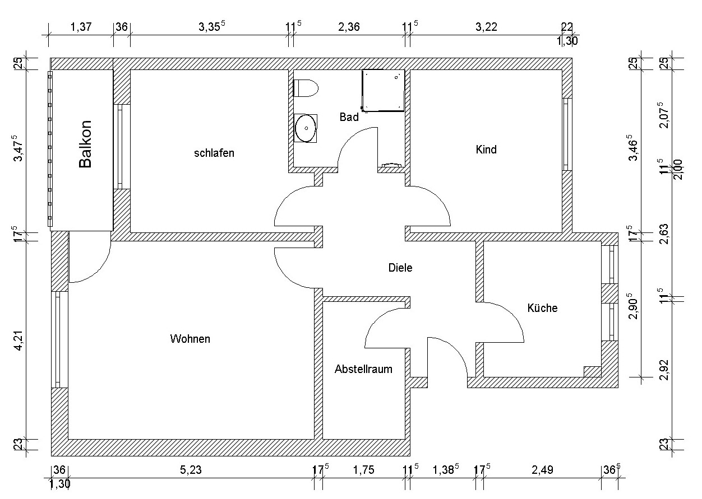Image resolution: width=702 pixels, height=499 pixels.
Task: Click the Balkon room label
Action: (85, 144)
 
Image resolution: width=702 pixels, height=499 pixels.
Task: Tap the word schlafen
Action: (214, 153)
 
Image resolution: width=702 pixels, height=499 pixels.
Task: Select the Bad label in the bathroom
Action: (349, 117)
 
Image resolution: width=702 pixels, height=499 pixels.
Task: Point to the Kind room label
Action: (486, 150)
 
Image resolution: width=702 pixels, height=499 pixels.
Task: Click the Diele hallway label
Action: (400, 268)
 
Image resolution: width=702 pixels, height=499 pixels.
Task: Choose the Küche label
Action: (543, 307)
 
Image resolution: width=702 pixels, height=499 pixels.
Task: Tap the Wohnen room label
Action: (190, 339)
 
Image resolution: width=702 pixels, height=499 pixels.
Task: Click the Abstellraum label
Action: (363, 369)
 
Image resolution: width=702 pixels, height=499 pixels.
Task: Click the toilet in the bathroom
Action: (306, 88)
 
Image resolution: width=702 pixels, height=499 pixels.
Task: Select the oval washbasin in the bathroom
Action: (306, 128)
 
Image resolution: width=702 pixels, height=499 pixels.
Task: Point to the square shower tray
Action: (383, 91)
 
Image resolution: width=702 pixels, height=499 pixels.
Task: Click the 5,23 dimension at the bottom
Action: (191, 470)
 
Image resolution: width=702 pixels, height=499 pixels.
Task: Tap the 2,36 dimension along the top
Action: (349, 27)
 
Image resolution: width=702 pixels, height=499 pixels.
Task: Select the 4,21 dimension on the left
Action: (19, 341)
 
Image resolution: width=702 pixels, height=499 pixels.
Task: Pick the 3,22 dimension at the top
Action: (486, 27)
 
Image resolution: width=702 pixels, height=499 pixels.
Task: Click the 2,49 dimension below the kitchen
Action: (543, 470)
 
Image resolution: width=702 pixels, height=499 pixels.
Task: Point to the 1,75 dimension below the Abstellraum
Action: (363, 470)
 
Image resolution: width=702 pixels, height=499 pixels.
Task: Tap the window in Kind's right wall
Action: (566, 134)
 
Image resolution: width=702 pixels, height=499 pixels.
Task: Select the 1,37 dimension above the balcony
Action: (81, 27)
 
